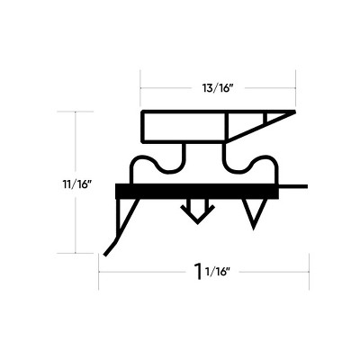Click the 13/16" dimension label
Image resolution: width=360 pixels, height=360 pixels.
(218, 88)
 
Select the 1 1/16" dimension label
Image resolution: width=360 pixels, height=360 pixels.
(212, 271)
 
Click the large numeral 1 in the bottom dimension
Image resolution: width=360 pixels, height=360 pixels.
(198, 271)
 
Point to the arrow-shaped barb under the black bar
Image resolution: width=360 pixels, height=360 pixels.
(197, 211)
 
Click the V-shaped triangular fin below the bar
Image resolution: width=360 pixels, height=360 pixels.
(255, 212)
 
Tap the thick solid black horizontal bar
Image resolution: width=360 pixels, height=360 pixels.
(197, 191)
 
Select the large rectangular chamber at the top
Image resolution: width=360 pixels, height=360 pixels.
(184, 127)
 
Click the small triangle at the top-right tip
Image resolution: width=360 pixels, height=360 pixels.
(278, 116)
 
